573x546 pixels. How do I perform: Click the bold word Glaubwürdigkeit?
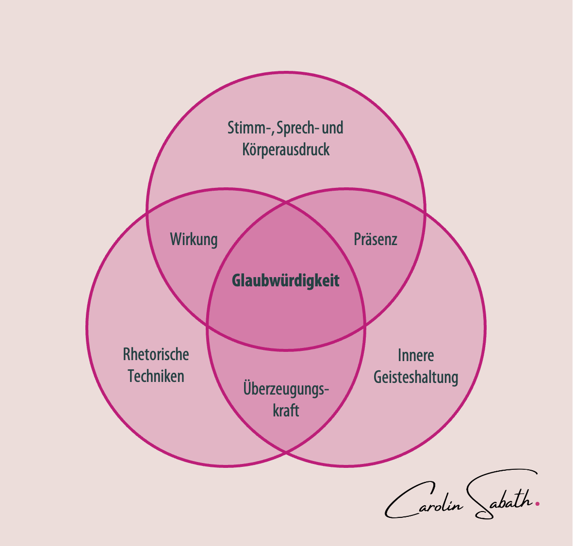point(286,281)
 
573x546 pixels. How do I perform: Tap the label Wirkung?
point(194,239)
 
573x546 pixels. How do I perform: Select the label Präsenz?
point(376,239)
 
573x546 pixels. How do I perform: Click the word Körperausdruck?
point(286,149)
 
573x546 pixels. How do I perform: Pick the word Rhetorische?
point(156,354)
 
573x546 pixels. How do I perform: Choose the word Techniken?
point(156,376)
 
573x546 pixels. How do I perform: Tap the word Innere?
point(416,355)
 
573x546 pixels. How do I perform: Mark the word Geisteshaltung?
point(416,378)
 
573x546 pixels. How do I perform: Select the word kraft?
point(286,411)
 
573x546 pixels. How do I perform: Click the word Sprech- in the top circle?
point(297,128)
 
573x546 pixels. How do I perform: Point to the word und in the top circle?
point(333,128)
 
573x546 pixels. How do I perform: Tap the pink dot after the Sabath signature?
point(537,503)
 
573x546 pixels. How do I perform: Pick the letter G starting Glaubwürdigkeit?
point(236,281)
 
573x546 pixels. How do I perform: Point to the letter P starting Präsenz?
point(357,239)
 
